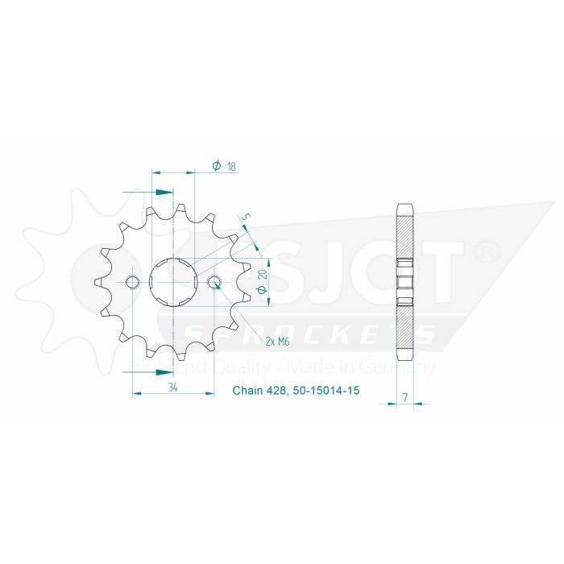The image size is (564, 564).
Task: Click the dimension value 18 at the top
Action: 231,166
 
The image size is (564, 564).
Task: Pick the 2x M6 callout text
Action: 277,342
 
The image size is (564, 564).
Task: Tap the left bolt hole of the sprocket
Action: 133,282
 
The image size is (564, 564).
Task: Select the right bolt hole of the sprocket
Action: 214,282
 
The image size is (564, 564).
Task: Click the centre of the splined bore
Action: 173,282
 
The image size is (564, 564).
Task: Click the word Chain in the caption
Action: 247,391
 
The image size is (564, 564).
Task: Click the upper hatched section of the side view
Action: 405,237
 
